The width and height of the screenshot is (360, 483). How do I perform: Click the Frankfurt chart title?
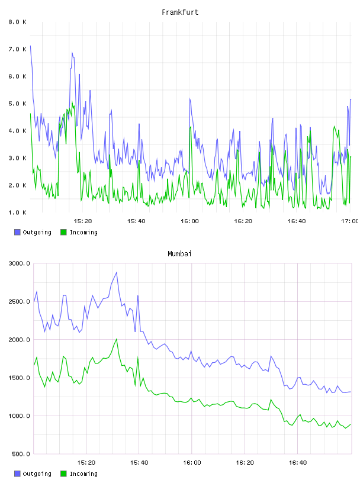coord(180,12)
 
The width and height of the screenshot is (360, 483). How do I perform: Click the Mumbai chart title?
coord(179,253)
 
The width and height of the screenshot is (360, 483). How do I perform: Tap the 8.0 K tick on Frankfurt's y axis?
coord(17,22)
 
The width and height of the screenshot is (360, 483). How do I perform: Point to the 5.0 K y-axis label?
coord(17,104)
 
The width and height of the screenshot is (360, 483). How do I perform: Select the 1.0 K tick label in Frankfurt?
coord(17,212)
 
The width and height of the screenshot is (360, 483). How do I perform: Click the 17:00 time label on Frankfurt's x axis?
coord(350,221)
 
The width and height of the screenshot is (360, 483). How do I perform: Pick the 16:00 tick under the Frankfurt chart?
coord(189,221)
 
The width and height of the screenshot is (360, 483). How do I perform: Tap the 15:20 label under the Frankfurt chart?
coord(83,221)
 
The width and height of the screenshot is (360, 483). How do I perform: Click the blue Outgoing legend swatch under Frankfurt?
coord(17,232)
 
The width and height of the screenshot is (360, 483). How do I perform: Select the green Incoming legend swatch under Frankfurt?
coord(63,232)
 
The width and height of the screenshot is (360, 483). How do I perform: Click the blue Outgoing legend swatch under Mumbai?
coord(17,474)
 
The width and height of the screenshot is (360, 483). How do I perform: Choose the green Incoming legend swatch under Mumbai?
coord(63,474)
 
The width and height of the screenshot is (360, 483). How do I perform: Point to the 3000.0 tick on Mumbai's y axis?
coord(19,263)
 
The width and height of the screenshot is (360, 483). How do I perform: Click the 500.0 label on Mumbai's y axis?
coord(21,454)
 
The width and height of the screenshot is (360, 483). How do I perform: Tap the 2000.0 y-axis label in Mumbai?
coord(19,339)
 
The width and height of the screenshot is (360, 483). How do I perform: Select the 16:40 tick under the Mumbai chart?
coord(297,462)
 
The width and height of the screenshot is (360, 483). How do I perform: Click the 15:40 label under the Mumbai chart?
coord(139,462)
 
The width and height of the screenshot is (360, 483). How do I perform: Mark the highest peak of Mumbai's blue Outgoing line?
coord(117,272)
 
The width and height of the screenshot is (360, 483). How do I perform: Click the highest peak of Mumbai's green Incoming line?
coord(117,339)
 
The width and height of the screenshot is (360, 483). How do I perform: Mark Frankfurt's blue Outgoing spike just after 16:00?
coord(190,99)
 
